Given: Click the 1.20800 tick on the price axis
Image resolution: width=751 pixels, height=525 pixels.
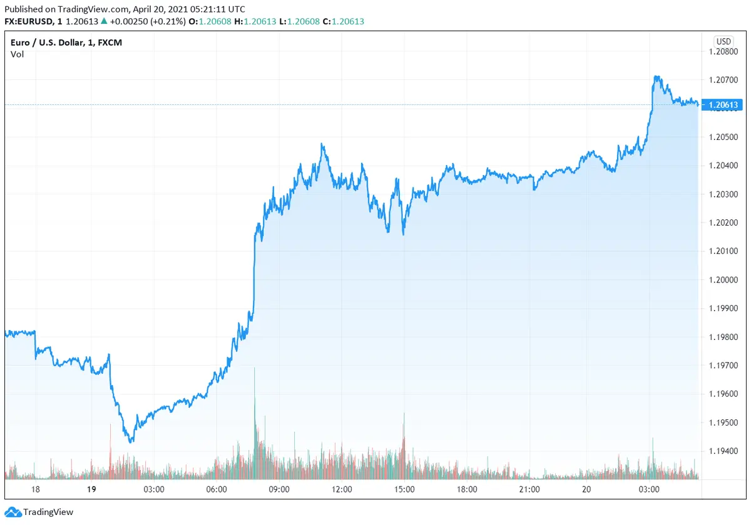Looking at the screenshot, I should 724,51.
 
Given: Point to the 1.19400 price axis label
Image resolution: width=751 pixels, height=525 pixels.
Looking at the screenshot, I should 724,451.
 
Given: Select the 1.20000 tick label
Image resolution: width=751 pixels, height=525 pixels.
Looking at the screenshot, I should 724,279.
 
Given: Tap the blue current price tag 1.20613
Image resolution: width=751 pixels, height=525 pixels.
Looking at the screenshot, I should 724,104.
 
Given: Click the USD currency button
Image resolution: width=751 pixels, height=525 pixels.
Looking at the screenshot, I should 723,41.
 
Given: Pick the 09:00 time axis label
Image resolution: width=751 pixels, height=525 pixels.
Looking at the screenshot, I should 278,489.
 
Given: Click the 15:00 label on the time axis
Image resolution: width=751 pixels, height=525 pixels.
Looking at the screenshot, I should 404,489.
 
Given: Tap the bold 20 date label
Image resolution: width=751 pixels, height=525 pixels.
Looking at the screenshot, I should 586,489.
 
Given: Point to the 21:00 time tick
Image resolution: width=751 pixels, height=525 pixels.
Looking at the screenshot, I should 529,489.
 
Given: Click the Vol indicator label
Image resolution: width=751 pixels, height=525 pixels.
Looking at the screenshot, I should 17,54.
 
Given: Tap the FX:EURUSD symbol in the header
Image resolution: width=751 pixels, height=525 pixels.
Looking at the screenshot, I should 29,22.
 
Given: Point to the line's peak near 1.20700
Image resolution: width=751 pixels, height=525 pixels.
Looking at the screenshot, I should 656,77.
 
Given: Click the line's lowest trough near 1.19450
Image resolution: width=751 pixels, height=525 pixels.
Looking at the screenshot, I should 130,442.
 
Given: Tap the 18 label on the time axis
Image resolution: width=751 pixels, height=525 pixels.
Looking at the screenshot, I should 35,489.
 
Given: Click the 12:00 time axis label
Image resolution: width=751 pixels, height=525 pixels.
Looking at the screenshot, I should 342,489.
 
